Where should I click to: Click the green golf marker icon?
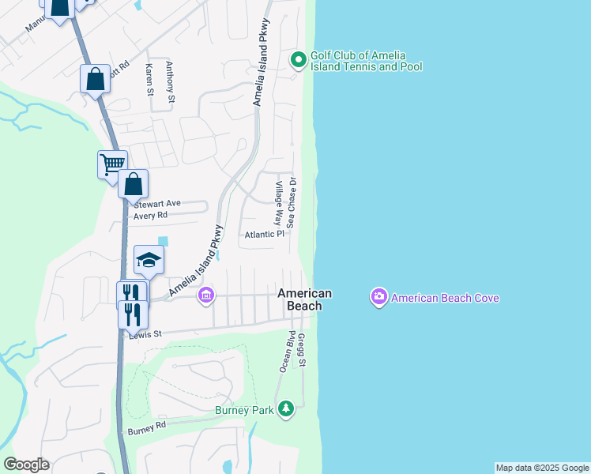tap(298, 59)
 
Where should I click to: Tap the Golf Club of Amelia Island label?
tap(366, 61)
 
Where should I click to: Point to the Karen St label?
tap(149, 81)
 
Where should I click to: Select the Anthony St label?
tap(169, 84)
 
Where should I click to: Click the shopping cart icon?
tap(111, 164)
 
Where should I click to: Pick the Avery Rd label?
tap(151, 215)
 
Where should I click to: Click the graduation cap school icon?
tap(149, 258)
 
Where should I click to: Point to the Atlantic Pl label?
tap(264, 234)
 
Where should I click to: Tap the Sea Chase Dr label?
tap(292, 202)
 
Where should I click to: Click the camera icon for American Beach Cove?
tap(378, 297)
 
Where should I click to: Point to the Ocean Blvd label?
tap(286, 352)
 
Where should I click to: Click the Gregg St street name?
tap(302, 349)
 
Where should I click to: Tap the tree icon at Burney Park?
tap(285, 409)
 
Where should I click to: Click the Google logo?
tap(26, 465)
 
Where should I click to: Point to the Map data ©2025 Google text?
tap(542, 468)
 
